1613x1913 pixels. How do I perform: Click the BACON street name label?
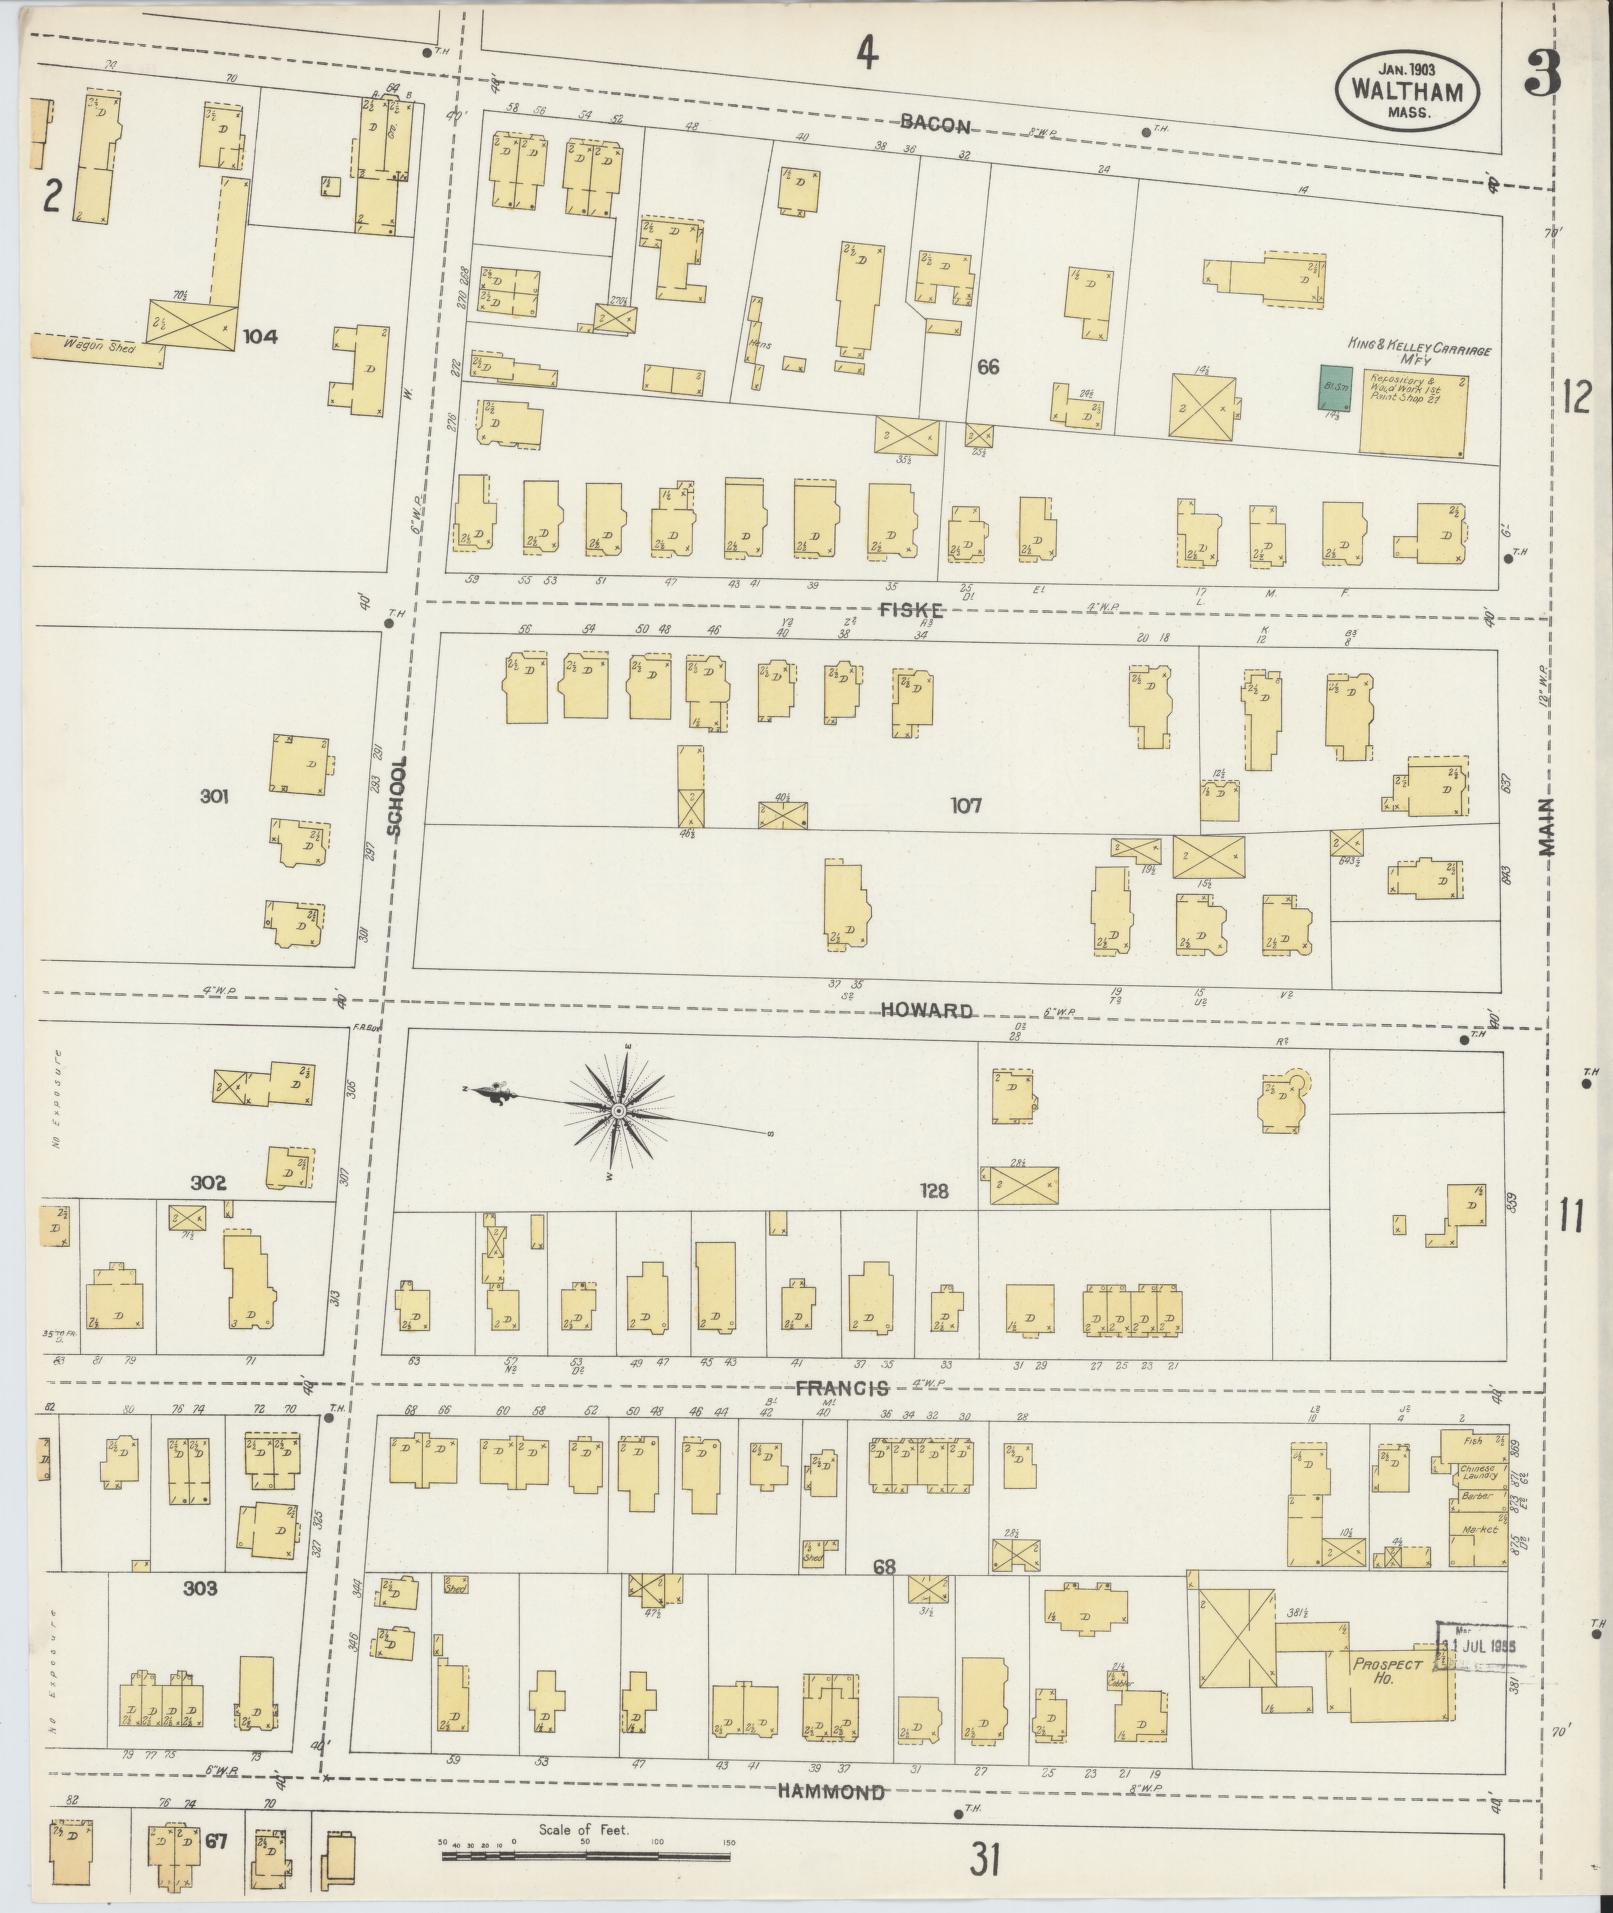[x=934, y=124]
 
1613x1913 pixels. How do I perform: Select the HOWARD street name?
[x=926, y=1010]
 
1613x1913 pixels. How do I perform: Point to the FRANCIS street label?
[x=842, y=1388]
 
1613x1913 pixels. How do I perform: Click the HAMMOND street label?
[x=832, y=1792]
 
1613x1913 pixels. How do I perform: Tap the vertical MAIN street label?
[x=1547, y=828]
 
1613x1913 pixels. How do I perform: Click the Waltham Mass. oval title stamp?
[x=1407, y=91]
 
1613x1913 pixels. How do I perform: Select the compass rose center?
[x=619, y=1111]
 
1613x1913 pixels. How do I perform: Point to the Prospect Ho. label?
[x=1388, y=1669]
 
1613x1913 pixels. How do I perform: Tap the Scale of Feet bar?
[x=585, y=1856]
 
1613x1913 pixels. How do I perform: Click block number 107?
[x=966, y=805]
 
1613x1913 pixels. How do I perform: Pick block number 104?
[x=260, y=337]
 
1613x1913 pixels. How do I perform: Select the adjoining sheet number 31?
[x=985, y=1861]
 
